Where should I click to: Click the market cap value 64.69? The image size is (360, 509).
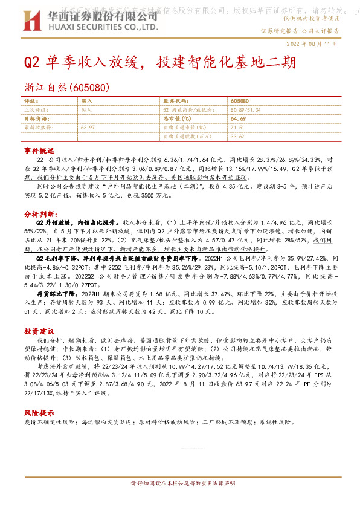pos(237,119)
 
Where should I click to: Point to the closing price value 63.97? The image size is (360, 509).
pos(88,128)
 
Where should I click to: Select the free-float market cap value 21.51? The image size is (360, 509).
pos(237,128)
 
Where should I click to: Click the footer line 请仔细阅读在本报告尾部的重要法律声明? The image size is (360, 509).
pos(179,484)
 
